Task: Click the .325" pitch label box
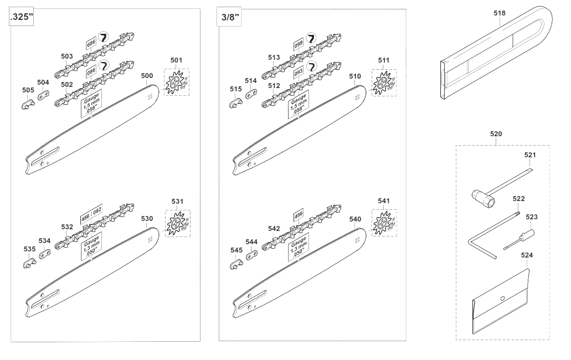click(22, 17)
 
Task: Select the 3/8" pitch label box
click(230, 17)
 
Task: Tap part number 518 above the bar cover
click(499, 13)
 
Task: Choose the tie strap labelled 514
click(250, 94)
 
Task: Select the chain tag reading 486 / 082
click(91, 213)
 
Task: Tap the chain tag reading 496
click(299, 215)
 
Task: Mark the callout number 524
click(527, 255)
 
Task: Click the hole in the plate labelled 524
click(502, 299)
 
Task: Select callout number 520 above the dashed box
click(496, 134)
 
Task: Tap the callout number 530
click(147, 219)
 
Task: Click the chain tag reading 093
click(299, 73)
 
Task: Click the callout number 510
click(354, 76)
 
